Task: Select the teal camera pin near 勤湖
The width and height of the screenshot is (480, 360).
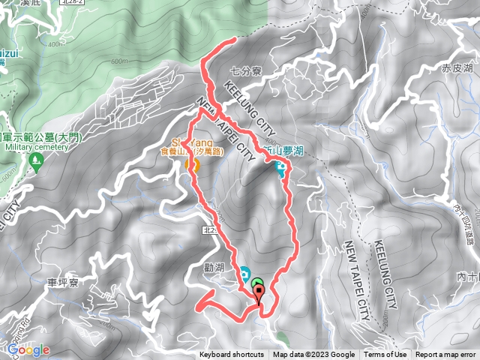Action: (x=244, y=273)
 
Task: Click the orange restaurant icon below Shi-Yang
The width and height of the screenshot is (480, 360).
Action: (x=190, y=164)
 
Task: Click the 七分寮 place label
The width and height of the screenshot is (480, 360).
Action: (x=246, y=73)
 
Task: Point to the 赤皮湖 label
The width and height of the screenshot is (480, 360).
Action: (x=457, y=67)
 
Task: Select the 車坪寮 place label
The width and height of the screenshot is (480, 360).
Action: (x=63, y=283)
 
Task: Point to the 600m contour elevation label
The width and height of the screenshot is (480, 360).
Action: (x=119, y=61)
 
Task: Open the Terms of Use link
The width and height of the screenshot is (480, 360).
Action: (x=385, y=355)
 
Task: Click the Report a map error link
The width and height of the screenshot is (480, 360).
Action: (x=446, y=355)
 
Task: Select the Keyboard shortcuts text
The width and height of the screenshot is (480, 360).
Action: (x=232, y=355)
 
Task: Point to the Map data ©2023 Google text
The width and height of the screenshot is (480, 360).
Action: (x=313, y=355)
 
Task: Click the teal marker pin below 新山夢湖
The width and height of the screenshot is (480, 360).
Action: (x=281, y=171)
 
